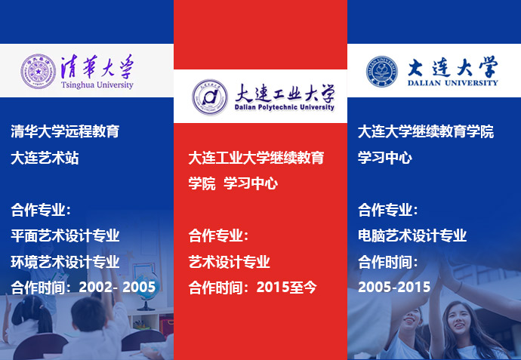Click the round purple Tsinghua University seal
pyautogui.click(x=39, y=72)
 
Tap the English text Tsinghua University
pyautogui.click(x=97, y=85)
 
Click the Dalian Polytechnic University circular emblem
pyautogui.click(x=210, y=97)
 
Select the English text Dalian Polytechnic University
pyautogui.click(x=285, y=107)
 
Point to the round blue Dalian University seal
pyautogui.click(x=382, y=72)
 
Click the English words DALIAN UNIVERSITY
pyautogui.click(x=452, y=83)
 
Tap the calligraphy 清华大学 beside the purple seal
pyautogui.click(x=97, y=66)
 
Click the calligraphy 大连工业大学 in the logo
pyautogui.click(x=285, y=93)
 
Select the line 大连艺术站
pyautogui.click(x=45, y=158)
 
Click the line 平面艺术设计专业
pyautogui.click(x=65, y=235)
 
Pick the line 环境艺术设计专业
pyautogui.click(x=65, y=262)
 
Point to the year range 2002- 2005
pyautogui.click(x=117, y=287)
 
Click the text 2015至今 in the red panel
pyautogui.click(x=286, y=288)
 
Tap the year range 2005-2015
pyautogui.click(x=394, y=287)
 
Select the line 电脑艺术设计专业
pyautogui.click(x=412, y=235)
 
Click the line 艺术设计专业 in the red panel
pyautogui.click(x=230, y=262)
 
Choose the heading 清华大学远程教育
pyautogui.click(x=65, y=131)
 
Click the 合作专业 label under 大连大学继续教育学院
pyautogui.click(x=388, y=210)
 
